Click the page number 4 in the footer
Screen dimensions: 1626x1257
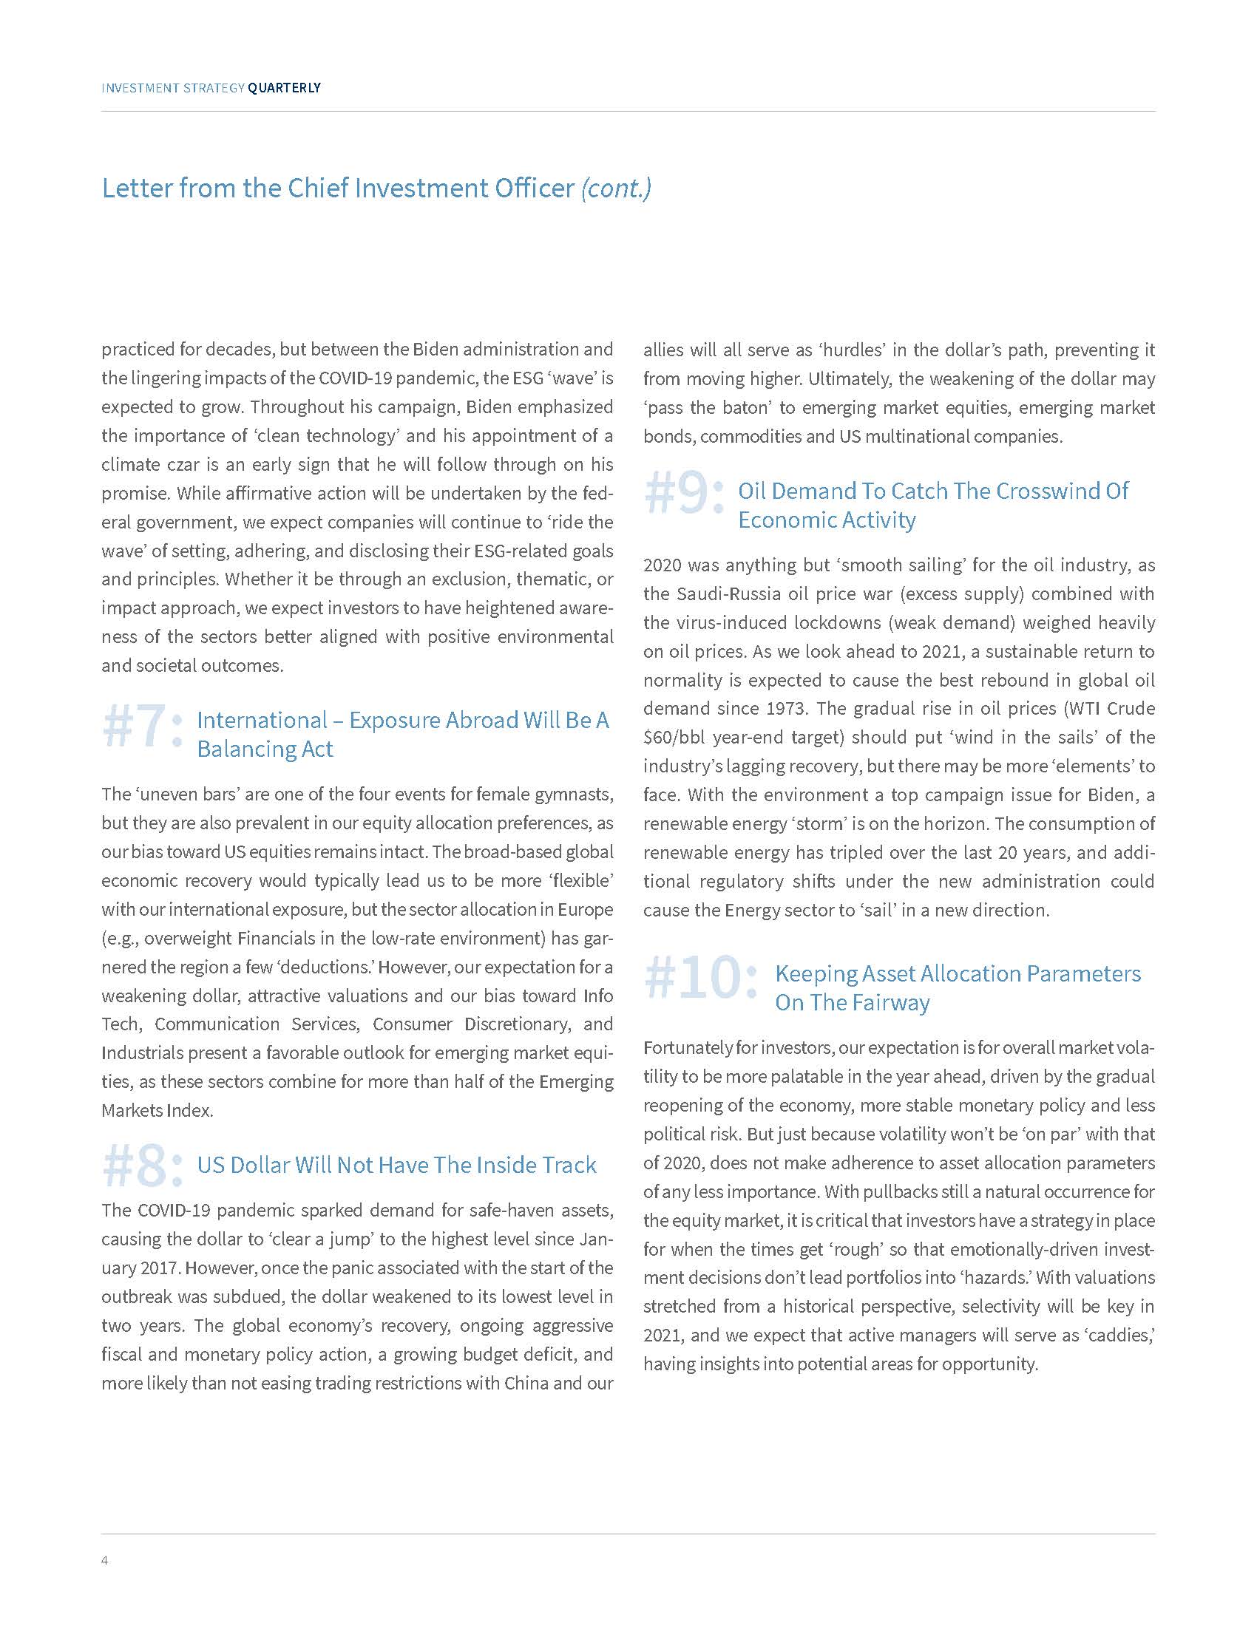pyautogui.click(x=105, y=1559)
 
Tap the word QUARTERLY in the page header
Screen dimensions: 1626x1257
pyautogui.click(x=284, y=88)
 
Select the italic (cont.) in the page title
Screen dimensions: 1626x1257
pyautogui.click(x=616, y=188)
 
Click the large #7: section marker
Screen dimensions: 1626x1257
pyautogui.click(x=142, y=727)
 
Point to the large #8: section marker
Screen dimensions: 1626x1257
pyautogui.click(x=142, y=1166)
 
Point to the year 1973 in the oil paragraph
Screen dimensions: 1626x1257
pyautogui.click(x=785, y=709)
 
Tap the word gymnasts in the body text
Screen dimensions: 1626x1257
pyautogui.click(x=577, y=795)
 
